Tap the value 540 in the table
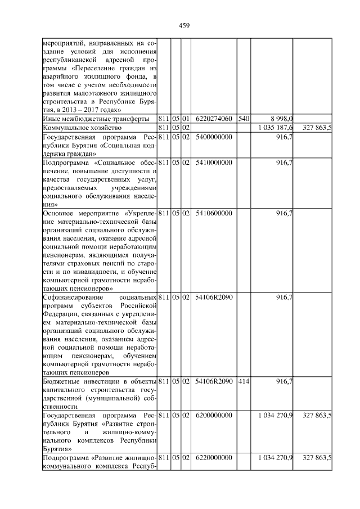(x=244, y=119)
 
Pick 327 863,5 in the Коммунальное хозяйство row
(x=317, y=128)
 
